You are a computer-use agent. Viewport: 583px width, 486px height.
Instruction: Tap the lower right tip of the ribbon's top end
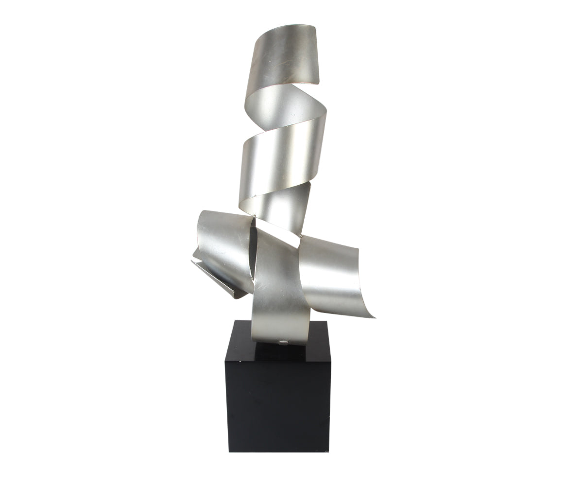(321, 83)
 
